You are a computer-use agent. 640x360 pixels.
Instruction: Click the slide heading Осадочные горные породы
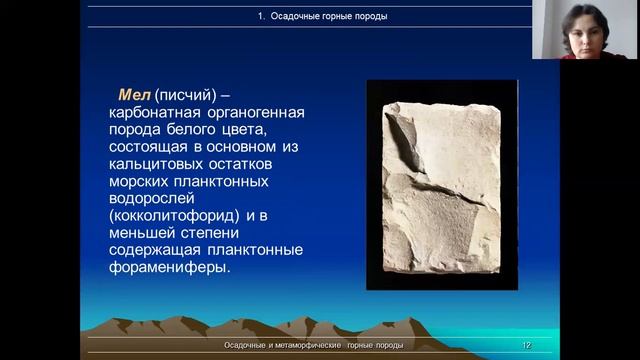(x=318, y=16)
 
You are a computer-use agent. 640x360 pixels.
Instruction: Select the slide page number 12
(x=526, y=345)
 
